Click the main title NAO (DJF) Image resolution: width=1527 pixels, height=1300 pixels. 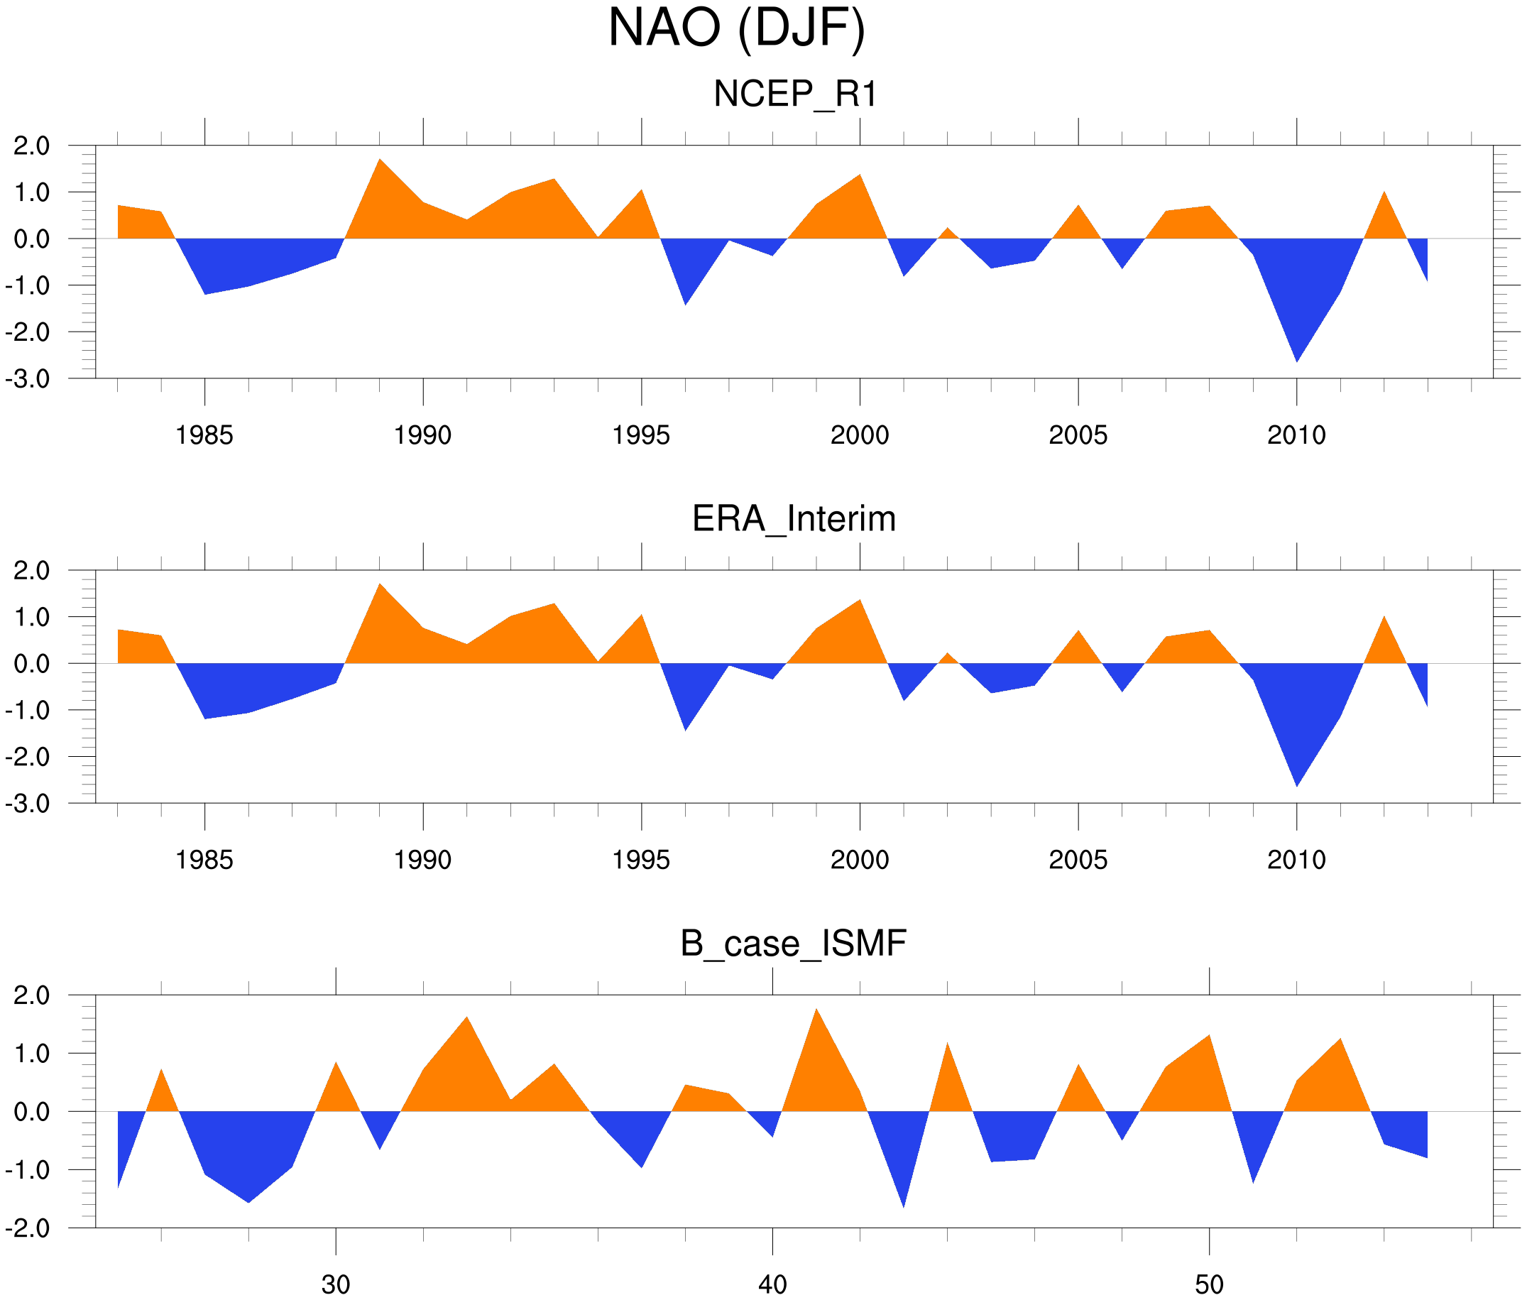pyautogui.click(x=736, y=30)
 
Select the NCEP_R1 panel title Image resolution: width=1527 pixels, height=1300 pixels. pyautogui.click(x=795, y=94)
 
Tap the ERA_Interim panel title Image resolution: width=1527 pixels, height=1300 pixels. pyautogui.click(x=794, y=519)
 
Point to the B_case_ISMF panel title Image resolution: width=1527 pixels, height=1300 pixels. pyautogui.click(x=793, y=944)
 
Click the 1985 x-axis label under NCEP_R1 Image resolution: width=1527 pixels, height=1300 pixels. pyautogui.click(x=204, y=435)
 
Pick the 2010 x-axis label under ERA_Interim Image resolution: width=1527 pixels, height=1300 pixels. pyautogui.click(x=1296, y=860)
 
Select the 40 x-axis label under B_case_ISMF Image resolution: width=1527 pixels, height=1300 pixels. pyautogui.click(x=772, y=1285)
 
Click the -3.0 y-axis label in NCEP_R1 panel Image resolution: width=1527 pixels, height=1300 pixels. pyautogui.click(x=27, y=380)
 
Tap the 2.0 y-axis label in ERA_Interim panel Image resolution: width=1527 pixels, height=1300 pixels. pyautogui.click(x=32, y=571)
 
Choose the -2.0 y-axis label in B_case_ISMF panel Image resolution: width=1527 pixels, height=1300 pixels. pyautogui.click(x=27, y=1228)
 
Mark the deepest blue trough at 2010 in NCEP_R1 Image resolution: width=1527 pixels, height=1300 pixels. pyautogui.click(x=1296, y=354)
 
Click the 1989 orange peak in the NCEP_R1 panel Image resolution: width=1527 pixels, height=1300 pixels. pyautogui.click(x=380, y=166)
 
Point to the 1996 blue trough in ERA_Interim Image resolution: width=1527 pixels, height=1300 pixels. pyautogui.click(x=685, y=722)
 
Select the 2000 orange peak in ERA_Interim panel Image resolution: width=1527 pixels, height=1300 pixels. pyautogui.click(x=859, y=606)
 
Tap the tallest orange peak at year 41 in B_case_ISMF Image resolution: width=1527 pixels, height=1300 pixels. pyautogui.click(x=816, y=1016)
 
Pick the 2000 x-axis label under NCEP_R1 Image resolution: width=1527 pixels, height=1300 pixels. pyautogui.click(x=859, y=435)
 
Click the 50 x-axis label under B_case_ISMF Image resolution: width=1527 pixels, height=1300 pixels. pyautogui.click(x=1210, y=1285)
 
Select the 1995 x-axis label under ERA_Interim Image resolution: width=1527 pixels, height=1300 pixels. pyautogui.click(x=641, y=860)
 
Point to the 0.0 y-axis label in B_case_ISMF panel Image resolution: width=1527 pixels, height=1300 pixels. pyautogui.click(x=32, y=1112)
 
